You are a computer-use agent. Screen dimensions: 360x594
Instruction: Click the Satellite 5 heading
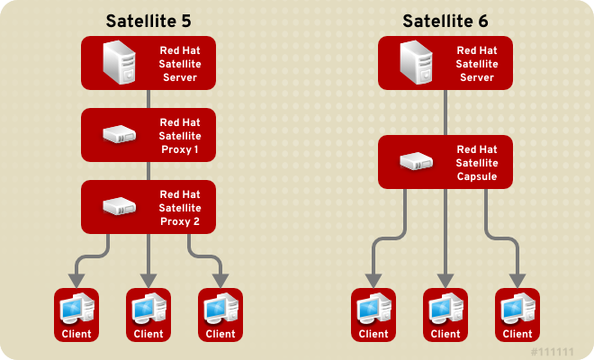point(148,19)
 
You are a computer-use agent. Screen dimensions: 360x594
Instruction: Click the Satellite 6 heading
point(445,19)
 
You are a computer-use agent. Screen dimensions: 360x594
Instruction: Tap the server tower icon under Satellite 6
point(416,62)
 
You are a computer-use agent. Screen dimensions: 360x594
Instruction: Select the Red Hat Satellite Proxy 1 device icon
point(119,135)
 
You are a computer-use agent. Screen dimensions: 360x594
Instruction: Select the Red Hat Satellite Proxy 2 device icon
point(119,206)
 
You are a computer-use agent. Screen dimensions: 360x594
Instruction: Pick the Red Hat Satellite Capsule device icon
point(416,162)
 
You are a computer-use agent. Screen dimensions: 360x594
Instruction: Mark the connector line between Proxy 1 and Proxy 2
point(148,171)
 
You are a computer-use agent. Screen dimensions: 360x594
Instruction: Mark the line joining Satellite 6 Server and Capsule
point(445,112)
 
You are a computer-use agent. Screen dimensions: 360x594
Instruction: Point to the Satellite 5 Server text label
point(179,63)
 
